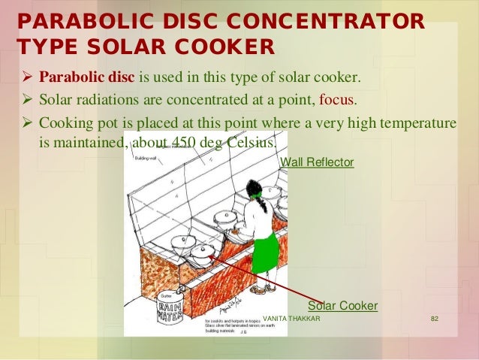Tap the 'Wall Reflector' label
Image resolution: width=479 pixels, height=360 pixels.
pyautogui.click(x=316, y=162)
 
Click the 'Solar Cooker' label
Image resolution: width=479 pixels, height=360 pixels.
pyautogui.click(x=342, y=306)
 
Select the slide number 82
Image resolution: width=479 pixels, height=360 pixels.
pyautogui.click(x=434, y=319)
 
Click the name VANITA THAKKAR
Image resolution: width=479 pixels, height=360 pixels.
pyautogui.click(x=292, y=319)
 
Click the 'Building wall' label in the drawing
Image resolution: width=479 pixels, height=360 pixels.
pyautogui.click(x=145, y=158)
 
